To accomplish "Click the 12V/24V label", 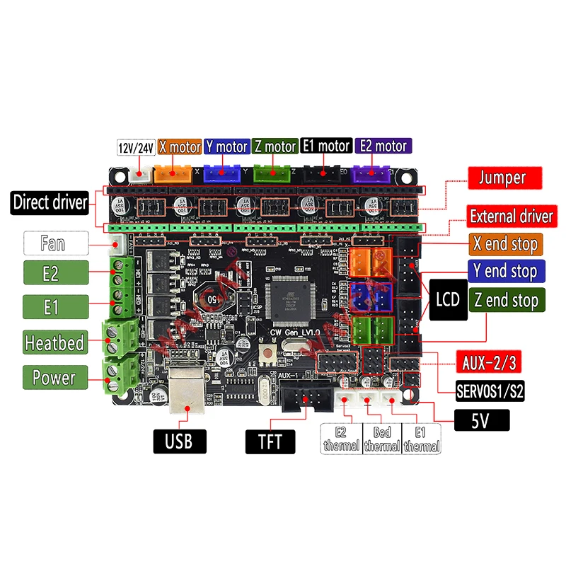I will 135,147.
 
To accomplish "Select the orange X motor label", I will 179,146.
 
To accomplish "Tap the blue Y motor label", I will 226,146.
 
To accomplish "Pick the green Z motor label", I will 275,146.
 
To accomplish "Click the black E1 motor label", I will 325,146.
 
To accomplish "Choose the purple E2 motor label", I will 383,146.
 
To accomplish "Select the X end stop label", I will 505,245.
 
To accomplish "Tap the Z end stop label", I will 507,300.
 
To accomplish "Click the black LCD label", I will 447,299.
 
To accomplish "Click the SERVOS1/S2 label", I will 490,391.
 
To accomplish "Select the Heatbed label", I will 54,344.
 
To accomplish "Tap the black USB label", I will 180,441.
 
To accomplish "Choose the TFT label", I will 270,443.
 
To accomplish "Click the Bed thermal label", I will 382,439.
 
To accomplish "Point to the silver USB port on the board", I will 189,388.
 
